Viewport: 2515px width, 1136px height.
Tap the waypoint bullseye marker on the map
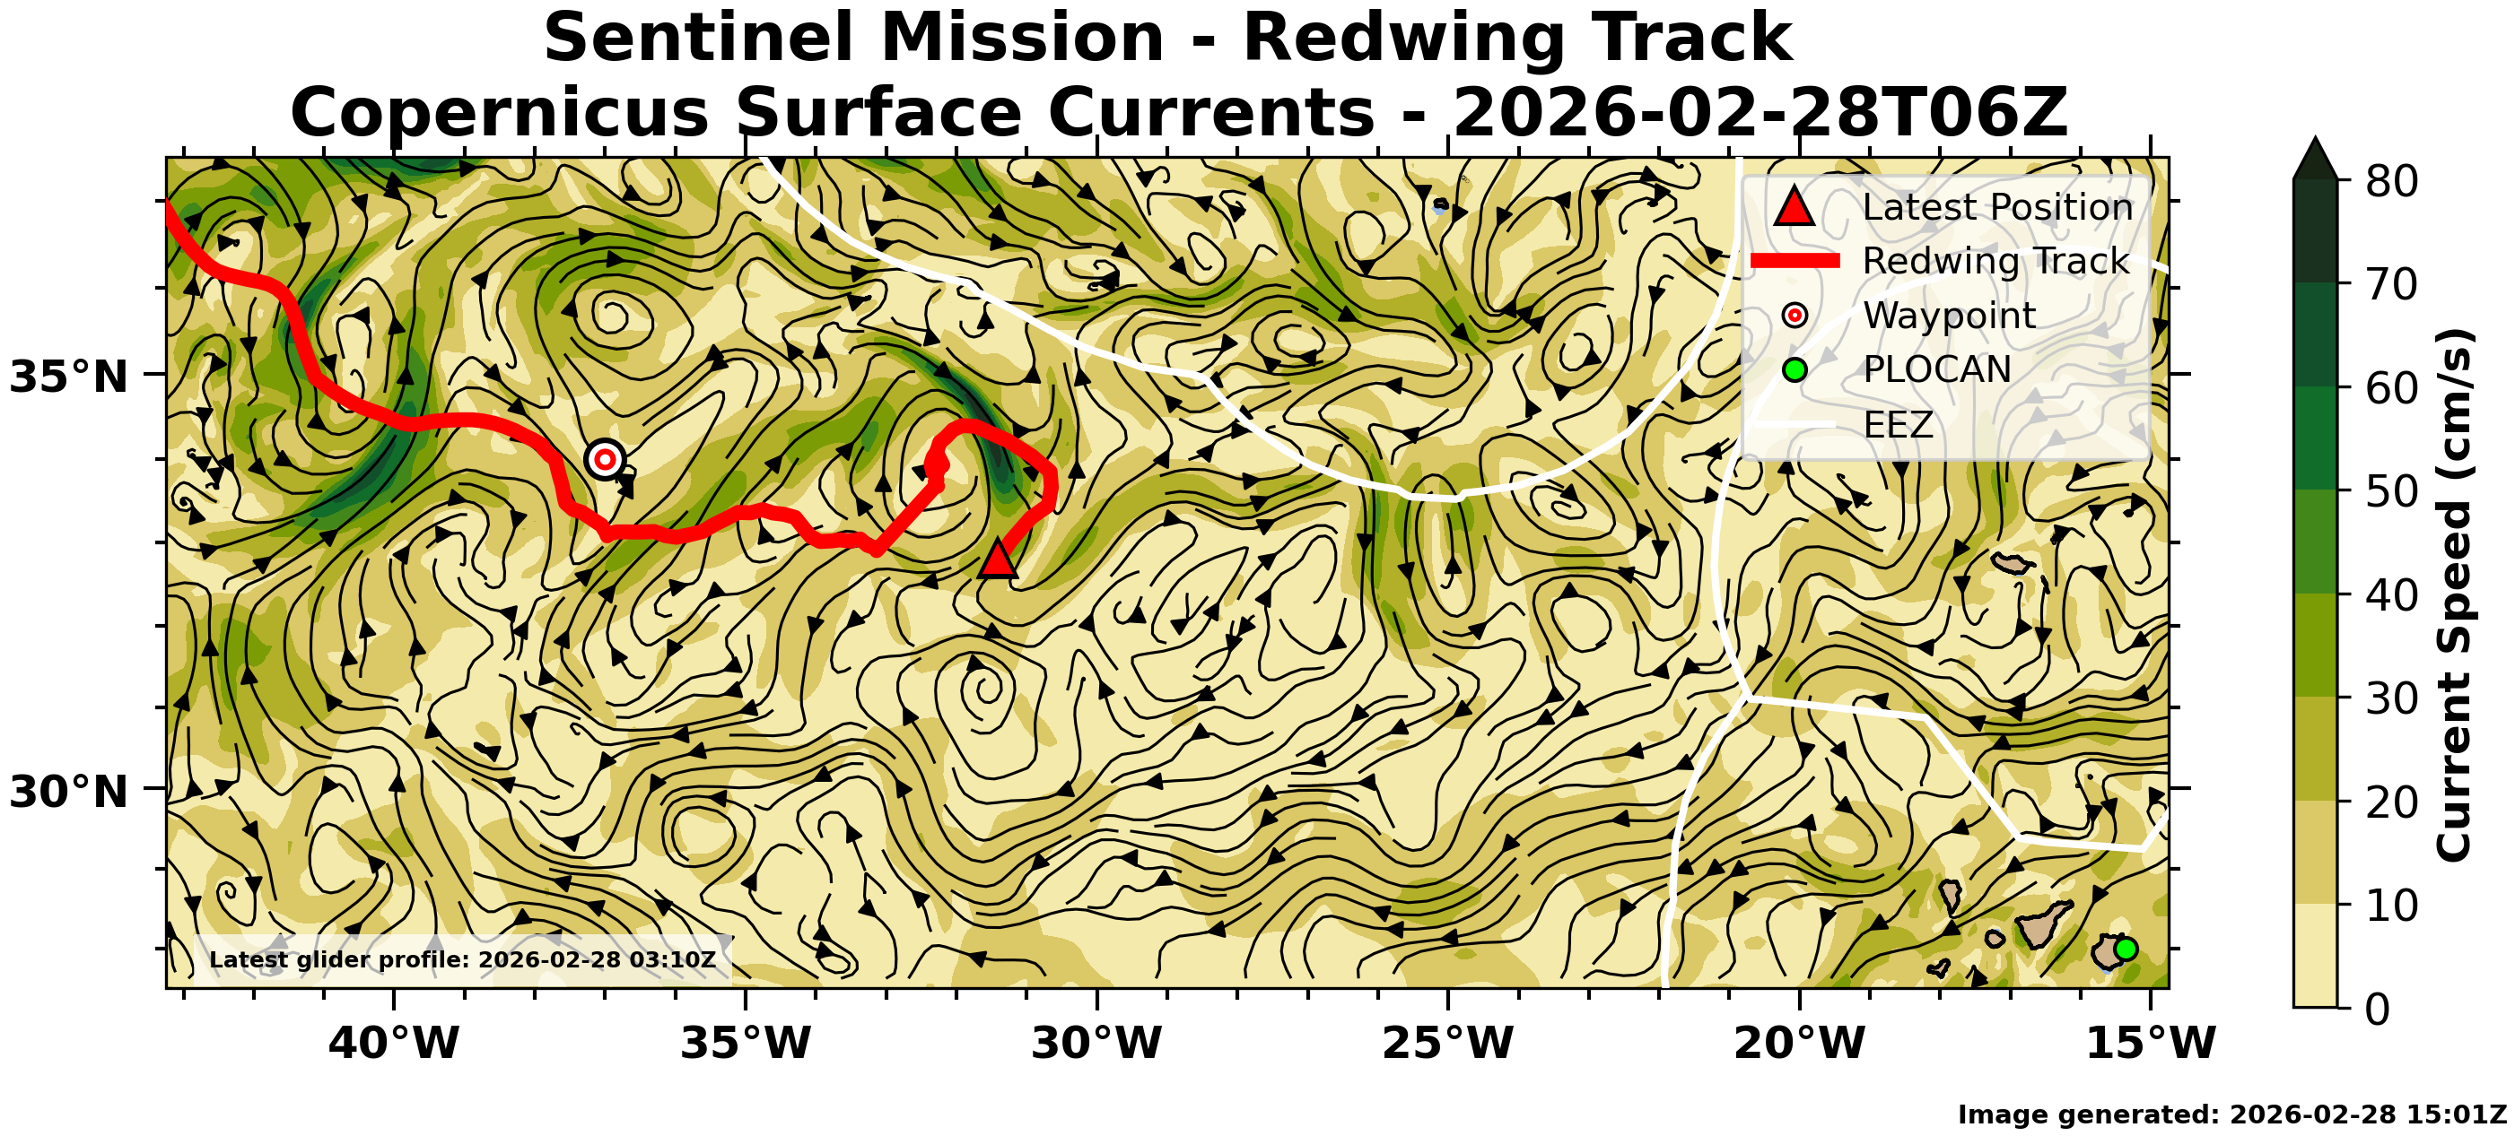point(606,459)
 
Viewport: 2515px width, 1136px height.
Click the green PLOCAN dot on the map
point(2126,949)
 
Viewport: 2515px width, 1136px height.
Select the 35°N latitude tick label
point(68,377)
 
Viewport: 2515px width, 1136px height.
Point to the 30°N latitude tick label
point(68,792)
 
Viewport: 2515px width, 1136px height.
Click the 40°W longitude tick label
point(394,1043)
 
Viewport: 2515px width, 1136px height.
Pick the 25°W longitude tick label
point(1448,1043)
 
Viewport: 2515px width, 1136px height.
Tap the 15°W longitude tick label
point(2151,1043)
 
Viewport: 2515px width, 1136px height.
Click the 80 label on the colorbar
point(2391,181)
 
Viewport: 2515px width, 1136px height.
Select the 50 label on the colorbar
point(2391,491)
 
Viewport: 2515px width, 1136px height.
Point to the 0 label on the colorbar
point(2379,1008)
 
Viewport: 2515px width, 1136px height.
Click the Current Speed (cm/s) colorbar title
point(2453,594)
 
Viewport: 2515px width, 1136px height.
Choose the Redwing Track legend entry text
point(1995,262)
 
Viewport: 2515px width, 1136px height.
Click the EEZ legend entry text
point(1898,424)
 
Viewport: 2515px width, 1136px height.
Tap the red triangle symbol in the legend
point(1794,207)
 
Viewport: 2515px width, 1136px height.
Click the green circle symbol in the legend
point(1795,370)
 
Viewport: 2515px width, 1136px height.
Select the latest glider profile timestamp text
point(463,959)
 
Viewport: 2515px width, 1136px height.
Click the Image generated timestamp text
point(2231,1114)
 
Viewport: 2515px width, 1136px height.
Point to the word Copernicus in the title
point(499,112)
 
